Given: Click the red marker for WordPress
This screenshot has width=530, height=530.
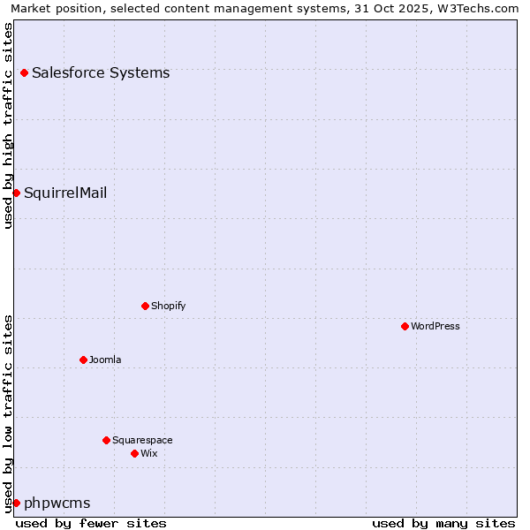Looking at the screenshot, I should pos(405,326).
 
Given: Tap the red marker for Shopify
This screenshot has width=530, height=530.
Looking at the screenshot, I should pos(145,306).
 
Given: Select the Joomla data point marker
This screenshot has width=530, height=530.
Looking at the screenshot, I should pos(83,360).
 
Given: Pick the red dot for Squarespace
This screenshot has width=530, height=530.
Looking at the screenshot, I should pos(106,440).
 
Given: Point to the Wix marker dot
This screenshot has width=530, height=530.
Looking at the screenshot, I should pos(134,453).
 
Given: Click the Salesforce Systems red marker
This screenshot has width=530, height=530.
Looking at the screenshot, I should pos(24,72).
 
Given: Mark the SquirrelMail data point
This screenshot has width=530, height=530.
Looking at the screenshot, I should pos(16,193).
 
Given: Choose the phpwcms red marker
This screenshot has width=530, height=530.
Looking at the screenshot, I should pos(16,503).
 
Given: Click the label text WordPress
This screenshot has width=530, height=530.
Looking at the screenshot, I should pos(435,326).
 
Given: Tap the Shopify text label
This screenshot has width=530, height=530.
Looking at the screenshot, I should pos(168,306).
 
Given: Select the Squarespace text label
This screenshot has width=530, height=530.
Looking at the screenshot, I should pos(142,440).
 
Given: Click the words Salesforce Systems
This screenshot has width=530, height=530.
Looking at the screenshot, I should pos(101,72).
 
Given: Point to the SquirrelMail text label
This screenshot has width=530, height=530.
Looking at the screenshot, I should pos(65,193).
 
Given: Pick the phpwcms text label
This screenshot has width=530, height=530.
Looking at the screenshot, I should pos(57,503).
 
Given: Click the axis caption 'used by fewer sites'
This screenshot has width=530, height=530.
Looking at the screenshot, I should pos(91,523).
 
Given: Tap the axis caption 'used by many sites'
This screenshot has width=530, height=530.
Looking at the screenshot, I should pos(443,523).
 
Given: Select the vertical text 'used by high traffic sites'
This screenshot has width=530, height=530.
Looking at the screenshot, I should pos(8,125).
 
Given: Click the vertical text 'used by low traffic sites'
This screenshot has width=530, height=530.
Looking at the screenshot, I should pos(8,413).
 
